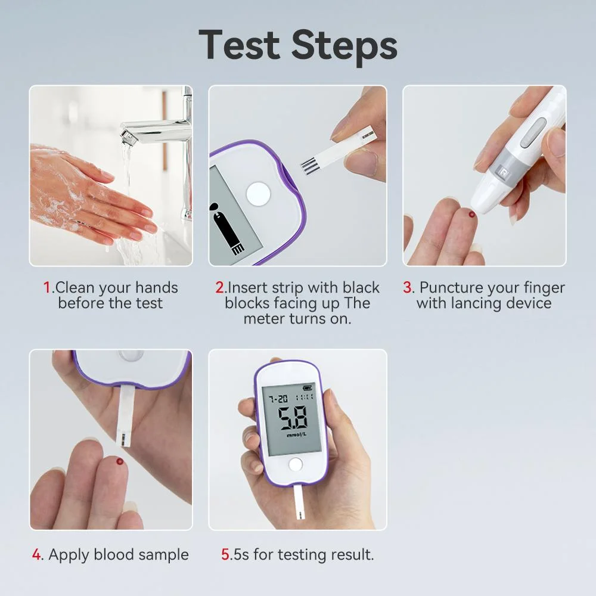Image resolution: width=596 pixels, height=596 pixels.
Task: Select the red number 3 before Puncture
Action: point(408,288)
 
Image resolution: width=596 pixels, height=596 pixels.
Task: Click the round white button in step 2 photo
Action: point(259,194)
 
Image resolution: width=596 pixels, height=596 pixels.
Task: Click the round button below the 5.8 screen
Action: point(296,465)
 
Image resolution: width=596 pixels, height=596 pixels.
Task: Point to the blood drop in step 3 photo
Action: point(472,214)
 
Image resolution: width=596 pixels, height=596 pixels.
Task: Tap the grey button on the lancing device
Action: point(527,132)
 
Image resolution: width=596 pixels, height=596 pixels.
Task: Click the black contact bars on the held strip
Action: point(309,164)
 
